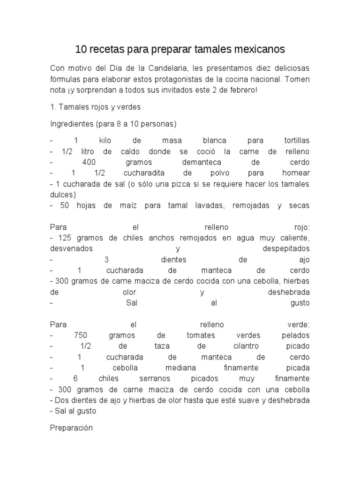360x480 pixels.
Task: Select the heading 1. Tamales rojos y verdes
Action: [x=95, y=107]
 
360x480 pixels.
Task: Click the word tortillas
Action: [x=297, y=141]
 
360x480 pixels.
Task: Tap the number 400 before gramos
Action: [x=89, y=162]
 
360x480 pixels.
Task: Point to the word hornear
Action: [x=296, y=173]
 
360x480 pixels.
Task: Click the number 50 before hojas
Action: [x=65, y=205]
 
